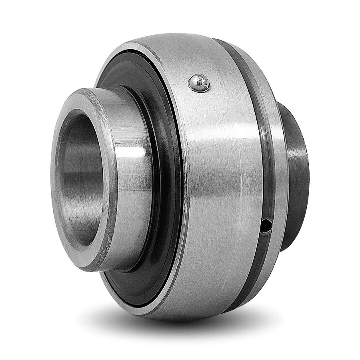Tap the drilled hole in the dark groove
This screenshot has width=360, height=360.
[x=265, y=227]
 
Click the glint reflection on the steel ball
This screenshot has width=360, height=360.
[x=196, y=81]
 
